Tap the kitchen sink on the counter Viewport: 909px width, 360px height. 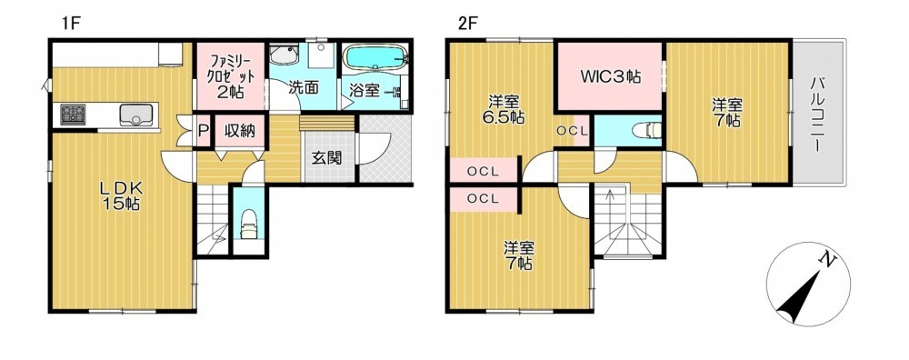click(136, 115)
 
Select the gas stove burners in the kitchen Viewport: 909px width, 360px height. click(73, 115)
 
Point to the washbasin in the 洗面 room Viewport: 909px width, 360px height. click(284, 55)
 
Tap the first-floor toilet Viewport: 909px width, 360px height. click(249, 223)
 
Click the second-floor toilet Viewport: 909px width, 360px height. click(646, 130)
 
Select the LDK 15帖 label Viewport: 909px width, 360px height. click(120, 195)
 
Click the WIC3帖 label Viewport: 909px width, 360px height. click(611, 76)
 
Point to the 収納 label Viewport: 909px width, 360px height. click(240, 130)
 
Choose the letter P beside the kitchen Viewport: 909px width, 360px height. click(203, 131)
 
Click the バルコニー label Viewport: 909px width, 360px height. click(818, 114)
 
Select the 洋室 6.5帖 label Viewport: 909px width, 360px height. click(502, 109)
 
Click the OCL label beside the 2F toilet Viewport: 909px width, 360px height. click(572, 131)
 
